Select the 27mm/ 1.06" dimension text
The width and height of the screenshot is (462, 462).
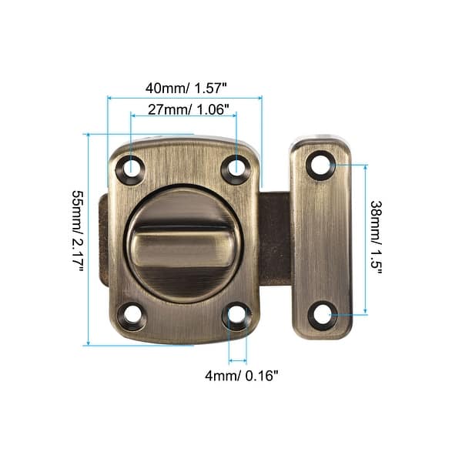182,110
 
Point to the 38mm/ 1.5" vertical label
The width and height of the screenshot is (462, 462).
377,238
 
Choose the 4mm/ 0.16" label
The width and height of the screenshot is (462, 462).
240,375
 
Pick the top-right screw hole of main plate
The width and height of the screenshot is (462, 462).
236,166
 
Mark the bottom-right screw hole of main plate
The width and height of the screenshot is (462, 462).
236,314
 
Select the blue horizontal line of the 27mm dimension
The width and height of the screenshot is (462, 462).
182,117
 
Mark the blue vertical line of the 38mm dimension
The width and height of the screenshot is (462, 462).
365,239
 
